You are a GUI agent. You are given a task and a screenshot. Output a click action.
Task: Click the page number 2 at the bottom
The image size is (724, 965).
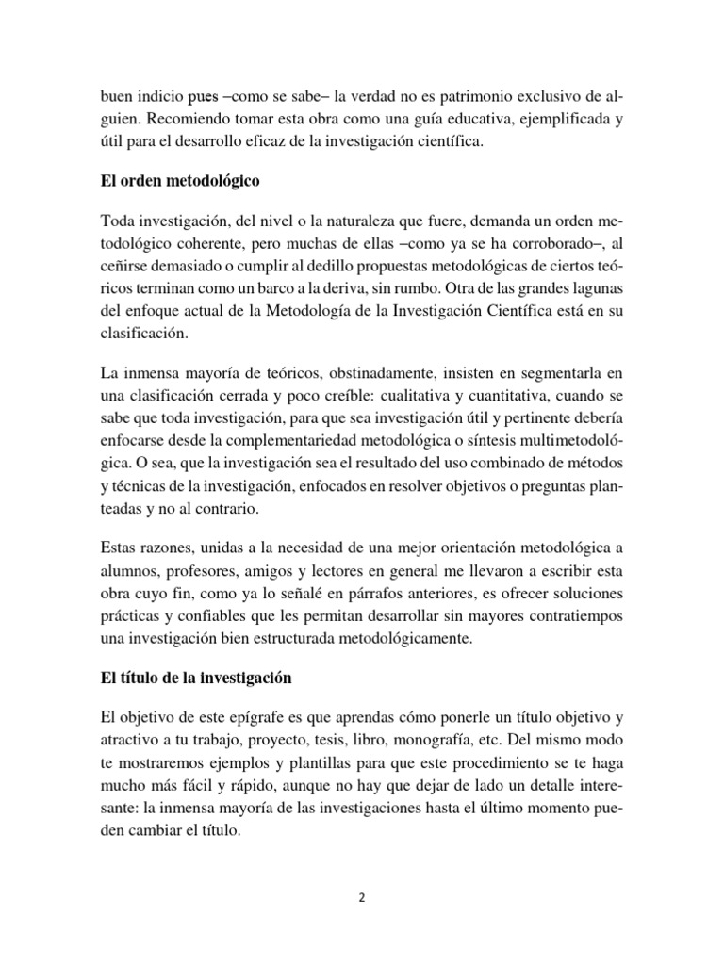pyautogui.click(x=361, y=898)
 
